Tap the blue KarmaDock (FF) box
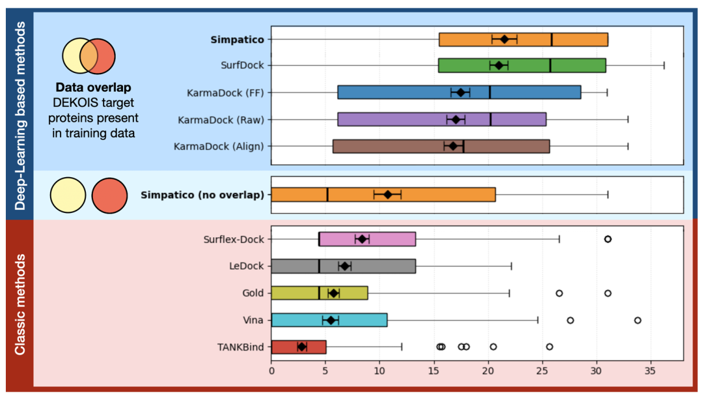pos(404,93)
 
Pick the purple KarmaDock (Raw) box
pos(404,119)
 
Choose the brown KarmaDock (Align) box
pos(404,146)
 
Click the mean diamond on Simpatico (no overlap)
pos(388,194)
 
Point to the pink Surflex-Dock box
pos(391,239)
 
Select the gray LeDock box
pos(378,266)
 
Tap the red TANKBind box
pos(312,347)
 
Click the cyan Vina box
pos(365,320)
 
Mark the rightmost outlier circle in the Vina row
pos(637,320)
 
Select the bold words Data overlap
pos(93,87)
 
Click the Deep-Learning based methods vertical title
pos(20,115)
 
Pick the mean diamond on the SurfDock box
pos(499,65)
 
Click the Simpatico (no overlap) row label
pos(202,194)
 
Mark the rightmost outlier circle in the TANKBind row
pos(549,347)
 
